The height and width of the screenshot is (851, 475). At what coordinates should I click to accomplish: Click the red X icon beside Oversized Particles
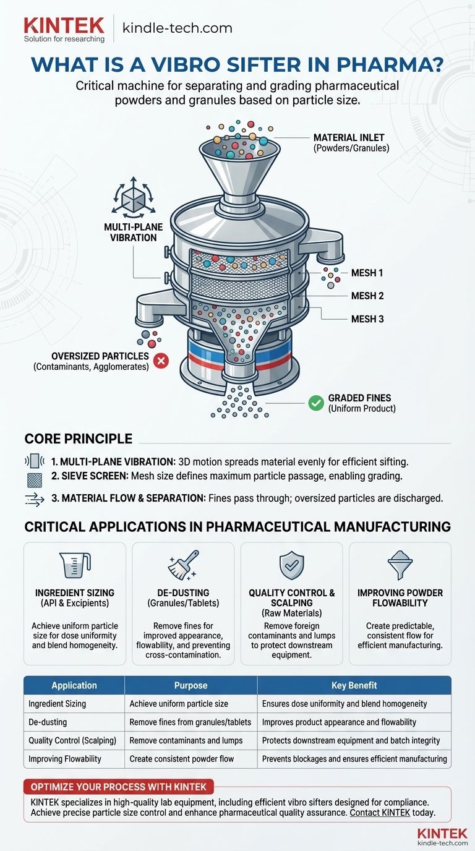(161, 361)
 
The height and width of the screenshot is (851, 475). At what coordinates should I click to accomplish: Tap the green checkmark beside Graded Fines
(316, 403)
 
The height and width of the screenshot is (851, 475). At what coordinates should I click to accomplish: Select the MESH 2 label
(367, 296)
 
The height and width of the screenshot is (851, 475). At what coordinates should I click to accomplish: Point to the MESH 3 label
(367, 319)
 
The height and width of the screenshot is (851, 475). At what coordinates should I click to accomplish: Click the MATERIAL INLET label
(349, 137)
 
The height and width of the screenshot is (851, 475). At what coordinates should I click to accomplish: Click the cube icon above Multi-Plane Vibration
(134, 195)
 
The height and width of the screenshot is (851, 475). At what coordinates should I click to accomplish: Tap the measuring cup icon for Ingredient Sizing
(75, 565)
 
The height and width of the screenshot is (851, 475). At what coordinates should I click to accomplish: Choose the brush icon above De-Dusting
(183, 565)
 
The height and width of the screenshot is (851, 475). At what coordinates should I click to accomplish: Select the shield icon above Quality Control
(291, 565)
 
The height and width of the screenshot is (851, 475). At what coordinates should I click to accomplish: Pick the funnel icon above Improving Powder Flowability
(400, 565)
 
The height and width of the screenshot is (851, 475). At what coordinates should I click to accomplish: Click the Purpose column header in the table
(190, 685)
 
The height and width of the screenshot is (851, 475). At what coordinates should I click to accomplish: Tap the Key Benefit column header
(354, 685)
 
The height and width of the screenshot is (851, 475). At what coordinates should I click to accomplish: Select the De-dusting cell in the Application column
(48, 722)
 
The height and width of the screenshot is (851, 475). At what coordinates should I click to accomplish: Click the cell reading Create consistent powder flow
(182, 759)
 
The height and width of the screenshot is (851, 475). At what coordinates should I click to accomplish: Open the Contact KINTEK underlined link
(380, 813)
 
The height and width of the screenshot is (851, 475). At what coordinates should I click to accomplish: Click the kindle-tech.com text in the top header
(177, 28)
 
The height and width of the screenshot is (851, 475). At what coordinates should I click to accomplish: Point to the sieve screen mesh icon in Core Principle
(35, 480)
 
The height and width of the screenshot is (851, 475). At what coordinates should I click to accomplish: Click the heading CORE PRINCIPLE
(79, 439)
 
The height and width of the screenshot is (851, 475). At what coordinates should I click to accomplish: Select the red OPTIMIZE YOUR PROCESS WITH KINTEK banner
(119, 787)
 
